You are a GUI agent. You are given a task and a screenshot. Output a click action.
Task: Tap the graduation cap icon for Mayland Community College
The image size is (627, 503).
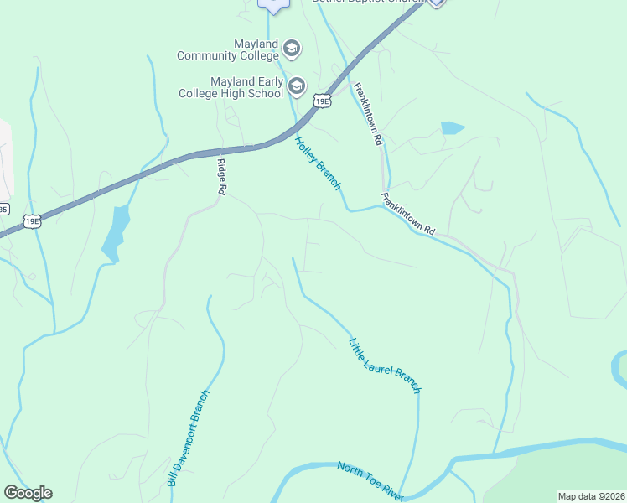click(292, 49)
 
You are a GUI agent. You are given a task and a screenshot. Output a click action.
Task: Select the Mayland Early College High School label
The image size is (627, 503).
click(231, 87)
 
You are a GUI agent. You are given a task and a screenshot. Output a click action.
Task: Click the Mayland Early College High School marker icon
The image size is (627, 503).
click(296, 86)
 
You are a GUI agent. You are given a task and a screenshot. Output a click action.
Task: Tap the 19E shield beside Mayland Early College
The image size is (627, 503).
click(321, 101)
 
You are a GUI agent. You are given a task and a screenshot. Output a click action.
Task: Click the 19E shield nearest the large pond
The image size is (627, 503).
click(31, 221)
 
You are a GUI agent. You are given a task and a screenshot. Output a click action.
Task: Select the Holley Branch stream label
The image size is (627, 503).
click(318, 163)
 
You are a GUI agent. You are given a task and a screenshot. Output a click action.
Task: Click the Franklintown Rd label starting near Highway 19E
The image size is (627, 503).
click(367, 115)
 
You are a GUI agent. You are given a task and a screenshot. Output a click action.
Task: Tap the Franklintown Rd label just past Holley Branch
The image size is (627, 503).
click(408, 214)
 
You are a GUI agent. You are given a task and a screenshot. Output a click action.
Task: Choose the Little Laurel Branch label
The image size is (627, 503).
click(384, 362)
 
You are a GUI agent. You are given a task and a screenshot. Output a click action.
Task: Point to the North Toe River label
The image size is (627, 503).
click(370, 481)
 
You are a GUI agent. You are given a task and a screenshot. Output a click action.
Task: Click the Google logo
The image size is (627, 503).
click(28, 493)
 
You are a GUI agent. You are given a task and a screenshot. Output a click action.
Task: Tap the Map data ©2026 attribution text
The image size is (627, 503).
click(591, 495)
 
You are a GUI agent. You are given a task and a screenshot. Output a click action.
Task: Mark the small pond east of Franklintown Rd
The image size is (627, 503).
click(452, 128)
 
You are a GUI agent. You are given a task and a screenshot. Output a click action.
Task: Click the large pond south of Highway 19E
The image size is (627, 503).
click(117, 231)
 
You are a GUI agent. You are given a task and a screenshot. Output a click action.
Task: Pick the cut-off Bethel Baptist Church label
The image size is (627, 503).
click(369, 2)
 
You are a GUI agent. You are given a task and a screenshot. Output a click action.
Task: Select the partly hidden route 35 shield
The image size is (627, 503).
click(3, 209)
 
